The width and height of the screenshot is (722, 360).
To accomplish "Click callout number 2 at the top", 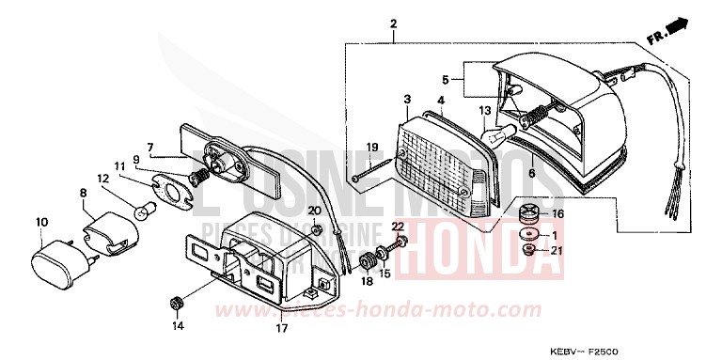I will point(394,23).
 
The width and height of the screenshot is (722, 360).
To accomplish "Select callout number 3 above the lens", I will point(407,100).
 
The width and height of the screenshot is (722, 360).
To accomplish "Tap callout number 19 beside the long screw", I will point(371,148).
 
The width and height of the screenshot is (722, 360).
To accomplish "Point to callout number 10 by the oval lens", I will point(41,222).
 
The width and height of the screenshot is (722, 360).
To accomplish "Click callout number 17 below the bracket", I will point(279,328).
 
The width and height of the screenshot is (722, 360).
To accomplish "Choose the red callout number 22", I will point(397,227).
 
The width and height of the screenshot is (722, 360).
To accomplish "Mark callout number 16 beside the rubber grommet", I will point(557,214).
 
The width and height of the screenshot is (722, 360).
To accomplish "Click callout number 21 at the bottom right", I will point(557,250).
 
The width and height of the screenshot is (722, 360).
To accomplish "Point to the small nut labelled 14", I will point(175,303).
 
